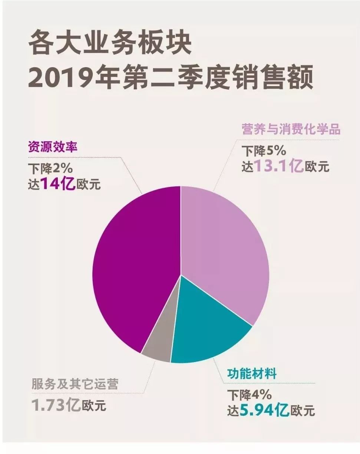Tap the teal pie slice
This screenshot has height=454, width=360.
[211, 330]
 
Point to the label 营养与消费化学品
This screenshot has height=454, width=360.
[291, 130]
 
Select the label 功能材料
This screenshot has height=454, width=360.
[252, 374]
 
